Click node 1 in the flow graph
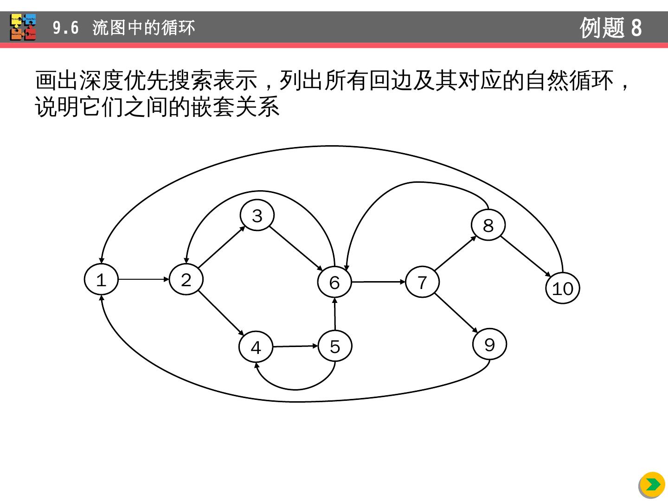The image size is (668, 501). (x=101, y=280)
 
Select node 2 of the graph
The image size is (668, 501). (x=186, y=280)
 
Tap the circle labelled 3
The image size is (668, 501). (x=257, y=216)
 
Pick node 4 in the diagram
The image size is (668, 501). (x=256, y=347)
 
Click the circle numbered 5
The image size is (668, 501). (x=335, y=346)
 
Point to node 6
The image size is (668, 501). (x=334, y=282)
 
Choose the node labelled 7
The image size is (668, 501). (x=422, y=282)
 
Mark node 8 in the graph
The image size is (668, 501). (x=488, y=225)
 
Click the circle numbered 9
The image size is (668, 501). (x=489, y=344)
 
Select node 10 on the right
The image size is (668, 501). (x=563, y=289)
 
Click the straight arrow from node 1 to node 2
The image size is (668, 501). (x=143, y=280)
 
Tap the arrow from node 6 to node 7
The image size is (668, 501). (x=378, y=282)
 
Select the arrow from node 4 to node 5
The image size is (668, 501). (x=295, y=346)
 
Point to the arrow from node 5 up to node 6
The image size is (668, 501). (x=335, y=314)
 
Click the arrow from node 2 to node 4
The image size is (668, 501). (x=221, y=313)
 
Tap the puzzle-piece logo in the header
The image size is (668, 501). (x=23, y=27)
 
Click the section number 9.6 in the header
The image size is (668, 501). (x=65, y=28)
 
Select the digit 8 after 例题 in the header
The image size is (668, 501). (x=636, y=28)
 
